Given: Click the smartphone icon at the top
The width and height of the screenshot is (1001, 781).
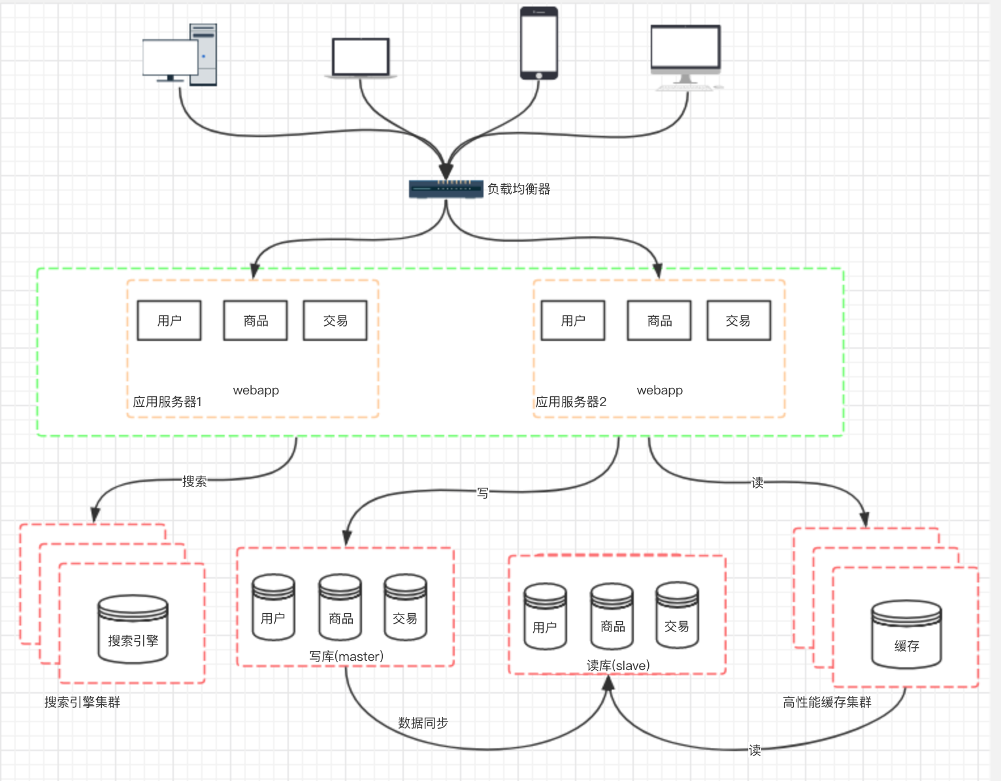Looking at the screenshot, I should tap(538, 43).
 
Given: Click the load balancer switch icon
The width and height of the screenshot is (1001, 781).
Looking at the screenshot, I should tap(446, 189).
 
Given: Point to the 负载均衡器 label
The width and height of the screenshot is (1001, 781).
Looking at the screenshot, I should tap(519, 189).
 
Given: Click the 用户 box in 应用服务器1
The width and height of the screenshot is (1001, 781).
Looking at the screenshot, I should tap(169, 321).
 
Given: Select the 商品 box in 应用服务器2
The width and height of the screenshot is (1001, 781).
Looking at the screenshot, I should tap(659, 321).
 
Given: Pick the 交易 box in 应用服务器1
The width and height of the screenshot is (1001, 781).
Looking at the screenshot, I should tap(335, 321).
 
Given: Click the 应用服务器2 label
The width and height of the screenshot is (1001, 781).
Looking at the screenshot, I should tap(571, 402).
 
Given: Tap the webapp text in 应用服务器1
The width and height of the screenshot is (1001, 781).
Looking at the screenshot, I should tap(256, 390).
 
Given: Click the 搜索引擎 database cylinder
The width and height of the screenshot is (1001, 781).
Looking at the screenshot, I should tap(133, 630).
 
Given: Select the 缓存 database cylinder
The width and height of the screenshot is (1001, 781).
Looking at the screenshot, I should tap(906, 635).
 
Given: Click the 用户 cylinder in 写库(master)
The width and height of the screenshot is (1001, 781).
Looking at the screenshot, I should tap(273, 607).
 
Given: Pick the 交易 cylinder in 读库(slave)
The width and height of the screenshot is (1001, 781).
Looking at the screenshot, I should tap(677, 615).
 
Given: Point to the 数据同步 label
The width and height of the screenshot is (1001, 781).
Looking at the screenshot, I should tap(423, 723).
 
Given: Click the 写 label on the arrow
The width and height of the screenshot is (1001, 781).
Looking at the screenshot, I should tap(483, 493).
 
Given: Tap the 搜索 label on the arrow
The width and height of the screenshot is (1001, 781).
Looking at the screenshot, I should tap(194, 482).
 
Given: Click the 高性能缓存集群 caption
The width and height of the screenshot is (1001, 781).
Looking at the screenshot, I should tap(827, 702).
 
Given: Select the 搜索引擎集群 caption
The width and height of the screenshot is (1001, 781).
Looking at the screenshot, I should tap(82, 702).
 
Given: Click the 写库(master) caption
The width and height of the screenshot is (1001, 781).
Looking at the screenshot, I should tap(346, 656).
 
